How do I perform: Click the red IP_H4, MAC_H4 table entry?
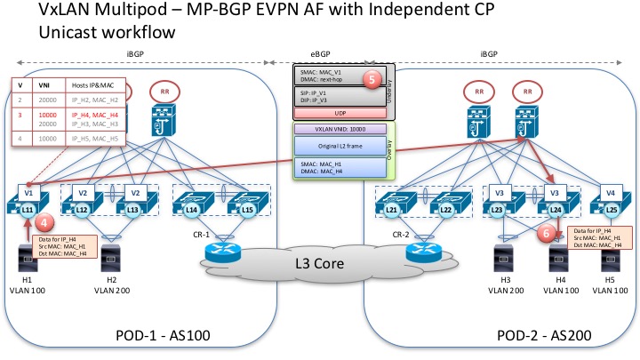(x=92, y=115)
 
